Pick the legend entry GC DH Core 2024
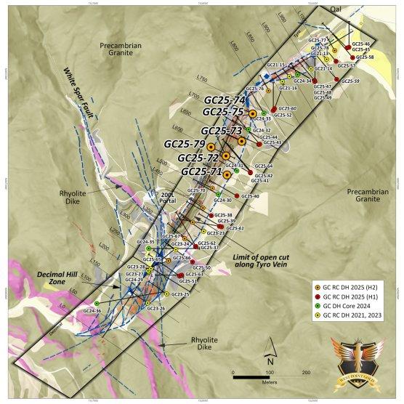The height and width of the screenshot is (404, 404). pos(347,305)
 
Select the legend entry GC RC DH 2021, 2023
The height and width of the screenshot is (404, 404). pos(353,314)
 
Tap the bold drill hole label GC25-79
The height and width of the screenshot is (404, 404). pos(186,143)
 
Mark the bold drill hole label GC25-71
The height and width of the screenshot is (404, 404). pos(201,171)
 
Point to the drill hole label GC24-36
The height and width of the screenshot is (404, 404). pos(92,311)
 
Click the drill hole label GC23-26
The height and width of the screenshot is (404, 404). pos(156,309)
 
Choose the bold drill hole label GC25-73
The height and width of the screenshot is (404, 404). pos(221,130)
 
